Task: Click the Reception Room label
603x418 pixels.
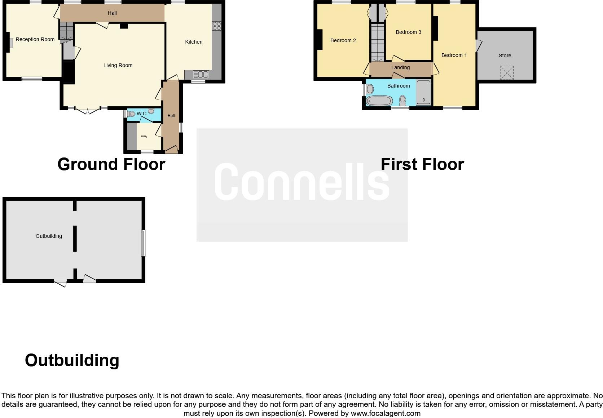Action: click(35, 39)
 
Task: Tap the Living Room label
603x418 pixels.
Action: click(118, 65)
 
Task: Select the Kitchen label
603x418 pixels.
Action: click(194, 42)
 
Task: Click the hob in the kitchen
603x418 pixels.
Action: click(216, 26)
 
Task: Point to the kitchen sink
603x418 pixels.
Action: click(201, 75)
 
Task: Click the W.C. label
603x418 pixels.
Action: click(142, 114)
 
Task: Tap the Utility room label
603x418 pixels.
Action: click(144, 137)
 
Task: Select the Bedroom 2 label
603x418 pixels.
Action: click(343, 40)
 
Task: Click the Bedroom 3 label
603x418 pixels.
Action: click(408, 32)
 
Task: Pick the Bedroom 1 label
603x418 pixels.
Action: click(454, 55)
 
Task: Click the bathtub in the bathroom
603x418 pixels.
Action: click(379, 101)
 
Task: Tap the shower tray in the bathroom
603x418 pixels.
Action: click(423, 93)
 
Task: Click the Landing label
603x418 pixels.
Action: click(400, 67)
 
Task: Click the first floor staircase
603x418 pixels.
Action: click(378, 41)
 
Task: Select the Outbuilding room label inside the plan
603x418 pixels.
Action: click(49, 236)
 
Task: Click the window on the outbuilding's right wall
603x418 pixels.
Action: click(143, 243)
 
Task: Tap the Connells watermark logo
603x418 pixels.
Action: click(302, 182)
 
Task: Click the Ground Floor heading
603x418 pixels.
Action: click(111, 164)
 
